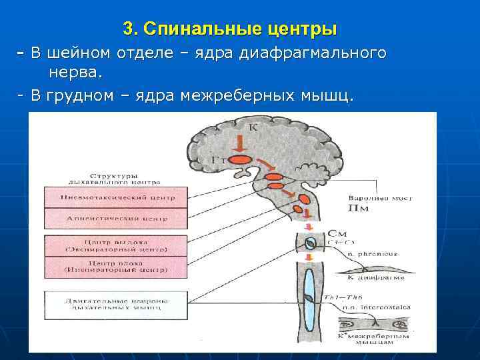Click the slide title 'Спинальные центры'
pyautogui.click(x=230, y=29)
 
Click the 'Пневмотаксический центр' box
pyautogui.click(x=107, y=197)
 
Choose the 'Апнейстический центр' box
pyautogui.click(x=107, y=218)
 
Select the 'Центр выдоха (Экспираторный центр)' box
pyautogui.click(x=107, y=245)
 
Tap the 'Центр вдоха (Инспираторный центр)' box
pyautogui.click(x=107, y=267)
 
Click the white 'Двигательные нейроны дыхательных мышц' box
pyautogui.click(x=107, y=304)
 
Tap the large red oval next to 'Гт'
pyautogui.click(x=243, y=160)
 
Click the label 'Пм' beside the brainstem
pyautogui.click(x=357, y=209)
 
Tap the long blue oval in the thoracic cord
pyautogui.click(x=308, y=293)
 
